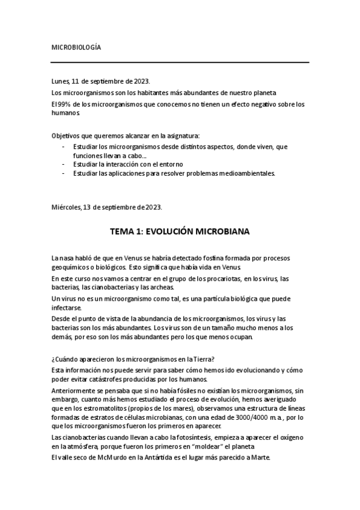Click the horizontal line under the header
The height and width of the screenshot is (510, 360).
click(x=180, y=63)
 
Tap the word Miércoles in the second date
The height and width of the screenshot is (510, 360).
click(x=67, y=207)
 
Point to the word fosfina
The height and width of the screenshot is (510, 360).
click(x=204, y=257)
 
